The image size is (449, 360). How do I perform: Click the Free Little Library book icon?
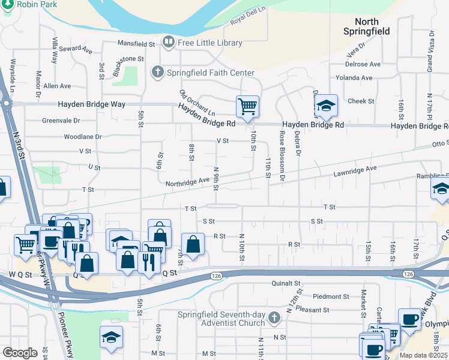[168, 43]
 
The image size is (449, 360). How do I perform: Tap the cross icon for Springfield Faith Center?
[157, 73]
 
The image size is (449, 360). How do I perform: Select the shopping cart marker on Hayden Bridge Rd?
[247, 107]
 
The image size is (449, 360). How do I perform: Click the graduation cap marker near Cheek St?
[325, 106]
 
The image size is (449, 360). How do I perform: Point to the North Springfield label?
[367, 26]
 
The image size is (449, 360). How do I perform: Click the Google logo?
[20, 352]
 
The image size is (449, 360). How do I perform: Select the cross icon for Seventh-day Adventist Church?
[274, 317]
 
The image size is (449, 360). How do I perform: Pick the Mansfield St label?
[136, 44]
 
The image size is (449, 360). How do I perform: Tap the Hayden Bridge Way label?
[91, 104]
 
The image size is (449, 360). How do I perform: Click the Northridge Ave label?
[187, 181]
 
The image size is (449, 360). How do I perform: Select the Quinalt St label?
[285, 283]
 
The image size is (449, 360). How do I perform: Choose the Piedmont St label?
[331, 296]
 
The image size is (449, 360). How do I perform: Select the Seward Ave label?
[75, 50]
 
